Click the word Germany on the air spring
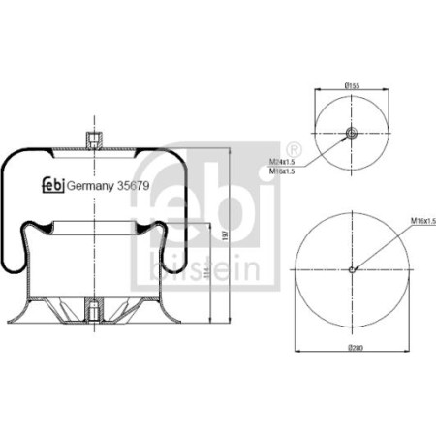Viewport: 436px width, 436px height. coord(88,186)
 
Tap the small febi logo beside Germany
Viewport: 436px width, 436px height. coord(53,185)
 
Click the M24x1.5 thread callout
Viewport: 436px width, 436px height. coord(282,162)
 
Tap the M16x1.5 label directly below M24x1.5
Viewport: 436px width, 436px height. coord(282,171)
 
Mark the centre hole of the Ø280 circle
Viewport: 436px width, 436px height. coord(352,269)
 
